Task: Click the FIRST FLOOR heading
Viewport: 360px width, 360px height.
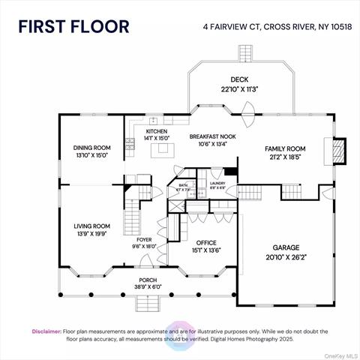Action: [x=74, y=26]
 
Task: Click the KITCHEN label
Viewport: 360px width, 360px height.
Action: [x=156, y=130]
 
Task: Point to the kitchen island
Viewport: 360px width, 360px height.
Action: [x=160, y=151]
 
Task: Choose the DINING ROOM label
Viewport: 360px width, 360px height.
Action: [x=91, y=147]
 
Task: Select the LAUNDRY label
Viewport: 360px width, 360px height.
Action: [x=217, y=183]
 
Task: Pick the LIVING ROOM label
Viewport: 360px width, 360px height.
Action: [x=91, y=226]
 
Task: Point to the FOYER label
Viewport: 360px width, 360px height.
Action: [x=143, y=241]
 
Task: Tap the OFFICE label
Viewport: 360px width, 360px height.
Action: [x=205, y=243]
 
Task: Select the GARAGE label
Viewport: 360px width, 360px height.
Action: [x=286, y=247]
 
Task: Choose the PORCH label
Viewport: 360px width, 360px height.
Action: [x=147, y=283]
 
